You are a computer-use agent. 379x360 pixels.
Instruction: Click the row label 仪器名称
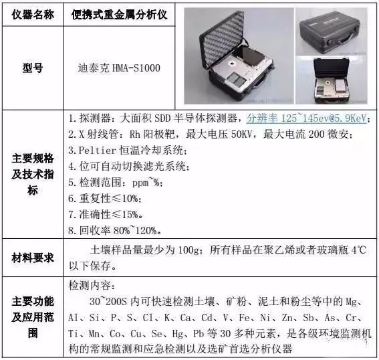(33, 15)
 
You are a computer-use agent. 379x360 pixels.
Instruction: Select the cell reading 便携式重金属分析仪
(119, 15)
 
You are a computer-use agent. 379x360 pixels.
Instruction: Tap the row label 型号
(33, 68)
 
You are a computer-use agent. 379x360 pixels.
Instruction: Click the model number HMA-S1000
(136, 68)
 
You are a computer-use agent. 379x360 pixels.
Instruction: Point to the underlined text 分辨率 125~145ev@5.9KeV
(307, 118)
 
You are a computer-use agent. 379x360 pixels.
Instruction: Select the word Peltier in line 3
(98, 151)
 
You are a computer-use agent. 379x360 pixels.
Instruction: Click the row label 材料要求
(33, 258)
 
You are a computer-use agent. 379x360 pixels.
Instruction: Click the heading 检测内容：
(92, 286)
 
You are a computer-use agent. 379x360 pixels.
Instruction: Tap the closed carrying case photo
(331, 31)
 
